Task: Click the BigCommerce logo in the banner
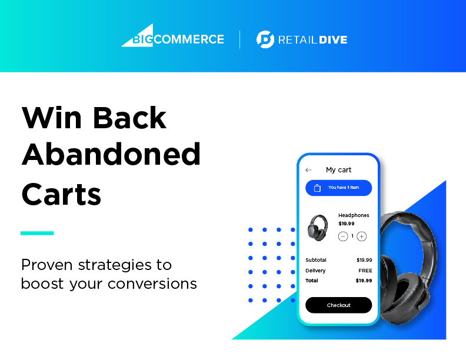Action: tap(172, 36)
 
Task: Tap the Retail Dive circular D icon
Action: tap(265, 39)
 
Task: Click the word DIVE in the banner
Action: tap(333, 40)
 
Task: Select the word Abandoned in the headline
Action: tap(111, 155)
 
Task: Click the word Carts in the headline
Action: tap(61, 194)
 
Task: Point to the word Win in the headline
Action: tap(51, 118)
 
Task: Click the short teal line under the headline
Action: tap(37, 233)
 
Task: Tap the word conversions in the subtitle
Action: tap(152, 284)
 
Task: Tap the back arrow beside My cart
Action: tap(308, 170)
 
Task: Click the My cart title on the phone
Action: tap(338, 170)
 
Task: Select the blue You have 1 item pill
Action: tap(338, 188)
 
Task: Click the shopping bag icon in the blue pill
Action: tap(317, 188)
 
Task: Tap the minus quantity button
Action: tap(343, 236)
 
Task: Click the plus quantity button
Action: tap(361, 236)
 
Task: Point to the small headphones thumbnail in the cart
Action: tap(318, 228)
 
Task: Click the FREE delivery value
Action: tap(365, 271)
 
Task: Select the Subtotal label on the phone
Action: tap(316, 260)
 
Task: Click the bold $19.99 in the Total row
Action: tap(364, 281)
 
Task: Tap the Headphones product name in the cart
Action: tap(354, 215)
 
